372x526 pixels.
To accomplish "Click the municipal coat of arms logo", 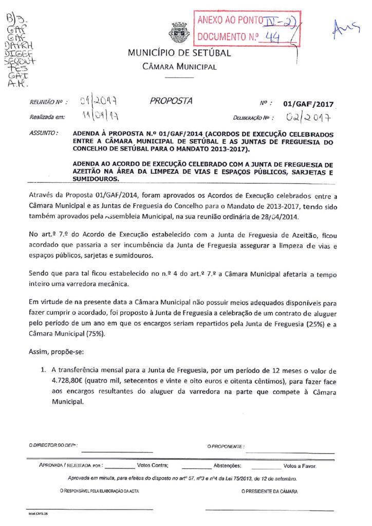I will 179,33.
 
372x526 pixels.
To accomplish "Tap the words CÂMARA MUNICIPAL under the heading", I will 179,67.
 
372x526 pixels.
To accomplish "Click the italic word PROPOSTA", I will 171,101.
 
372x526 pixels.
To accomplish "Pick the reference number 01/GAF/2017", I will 308,104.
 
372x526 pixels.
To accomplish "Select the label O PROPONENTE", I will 226,446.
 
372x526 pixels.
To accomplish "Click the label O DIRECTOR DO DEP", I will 53,446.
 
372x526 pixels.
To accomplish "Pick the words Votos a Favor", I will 300,466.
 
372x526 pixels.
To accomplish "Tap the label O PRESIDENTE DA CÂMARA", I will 269,491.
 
